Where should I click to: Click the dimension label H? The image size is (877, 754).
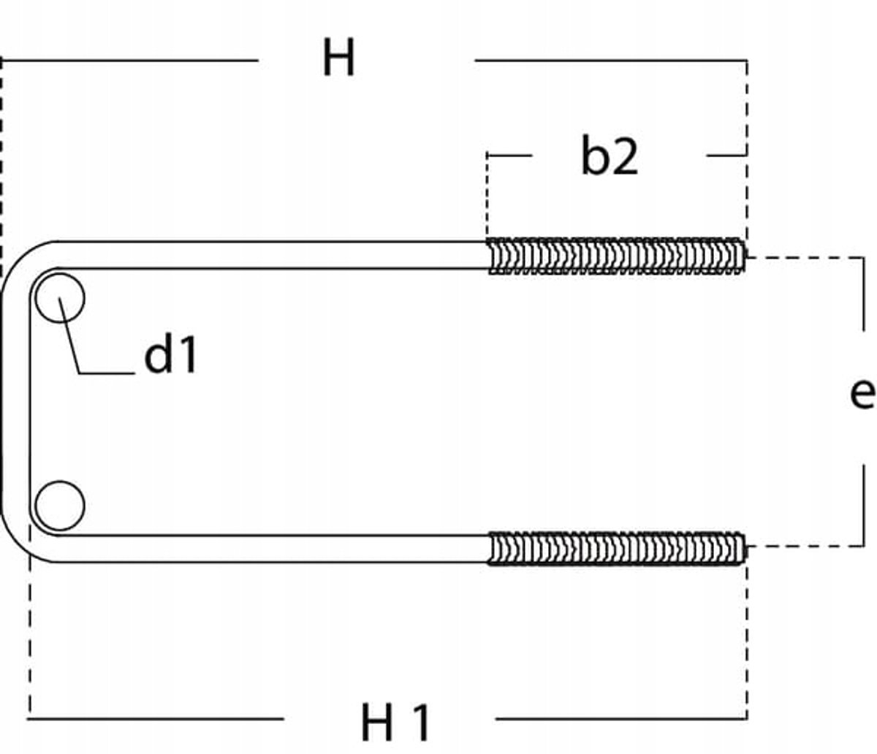(338, 57)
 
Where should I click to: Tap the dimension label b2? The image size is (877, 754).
(610, 156)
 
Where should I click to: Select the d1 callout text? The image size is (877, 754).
(170, 353)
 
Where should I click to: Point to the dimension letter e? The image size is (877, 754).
(862, 394)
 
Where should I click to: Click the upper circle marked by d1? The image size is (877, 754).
(60, 298)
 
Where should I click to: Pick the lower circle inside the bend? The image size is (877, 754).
(60, 506)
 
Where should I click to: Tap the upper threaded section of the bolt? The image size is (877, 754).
(616, 256)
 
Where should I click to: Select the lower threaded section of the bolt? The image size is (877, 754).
(616, 548)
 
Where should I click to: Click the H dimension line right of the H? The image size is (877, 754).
(611, 61)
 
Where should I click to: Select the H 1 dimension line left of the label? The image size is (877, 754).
(155, 719)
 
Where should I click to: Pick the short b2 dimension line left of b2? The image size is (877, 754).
(509, 155)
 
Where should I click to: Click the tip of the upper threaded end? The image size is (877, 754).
(745, 256)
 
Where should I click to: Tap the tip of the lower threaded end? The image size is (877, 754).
(745, 548)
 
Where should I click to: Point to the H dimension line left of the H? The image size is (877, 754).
(129, 61)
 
